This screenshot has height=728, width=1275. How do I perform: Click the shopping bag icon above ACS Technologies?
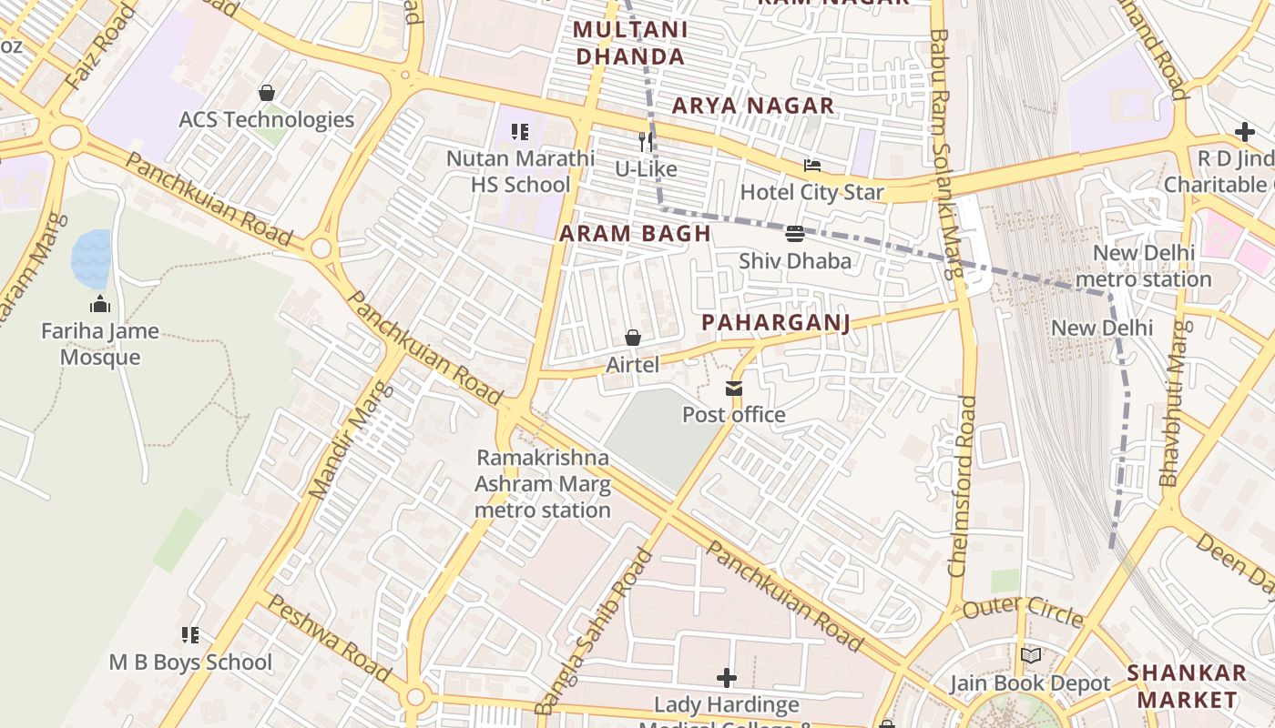click(267, 93)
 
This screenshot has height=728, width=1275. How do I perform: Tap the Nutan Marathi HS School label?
click(520, 171)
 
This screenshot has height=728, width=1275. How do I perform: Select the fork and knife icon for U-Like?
click(646, 141)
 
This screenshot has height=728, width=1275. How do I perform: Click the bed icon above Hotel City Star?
click(811, 166)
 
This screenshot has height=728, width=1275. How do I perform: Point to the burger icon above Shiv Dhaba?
click(794, 234)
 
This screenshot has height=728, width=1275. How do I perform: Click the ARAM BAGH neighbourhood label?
click(635, 233)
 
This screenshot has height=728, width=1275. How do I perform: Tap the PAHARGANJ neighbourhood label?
click(776, 323)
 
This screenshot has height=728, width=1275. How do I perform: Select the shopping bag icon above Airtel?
click(632, 338)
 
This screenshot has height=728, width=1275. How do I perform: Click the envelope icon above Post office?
click(733, 389)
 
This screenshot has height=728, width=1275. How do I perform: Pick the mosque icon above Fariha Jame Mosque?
click(100, 304)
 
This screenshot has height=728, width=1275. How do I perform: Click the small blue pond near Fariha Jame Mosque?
click(91, 258)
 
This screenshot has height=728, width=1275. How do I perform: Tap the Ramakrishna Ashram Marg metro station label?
click(543, 483)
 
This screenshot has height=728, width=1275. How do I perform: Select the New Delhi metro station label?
click(1143, 266)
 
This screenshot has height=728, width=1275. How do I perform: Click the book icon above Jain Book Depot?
click(1030, 655)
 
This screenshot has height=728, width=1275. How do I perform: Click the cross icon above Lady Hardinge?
click(726, 678)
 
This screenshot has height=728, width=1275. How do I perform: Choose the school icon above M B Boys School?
click(190, 634)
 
